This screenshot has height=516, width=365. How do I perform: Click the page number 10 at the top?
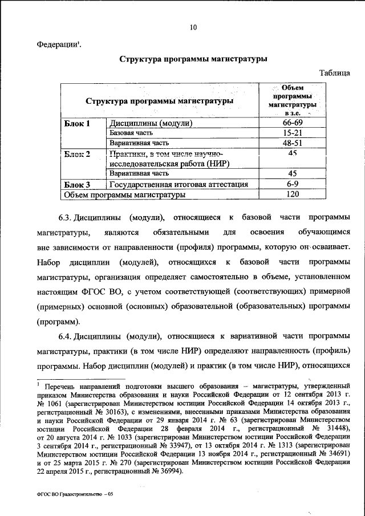point(193,27)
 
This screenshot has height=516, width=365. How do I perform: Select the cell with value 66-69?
point(291,123)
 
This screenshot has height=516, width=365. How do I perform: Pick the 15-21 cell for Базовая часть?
point(291,133)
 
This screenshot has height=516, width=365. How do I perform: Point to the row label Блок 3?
point(77,184)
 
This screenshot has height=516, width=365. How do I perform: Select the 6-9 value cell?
point(291,184)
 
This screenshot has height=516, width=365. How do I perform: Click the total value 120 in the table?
point(291,194)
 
